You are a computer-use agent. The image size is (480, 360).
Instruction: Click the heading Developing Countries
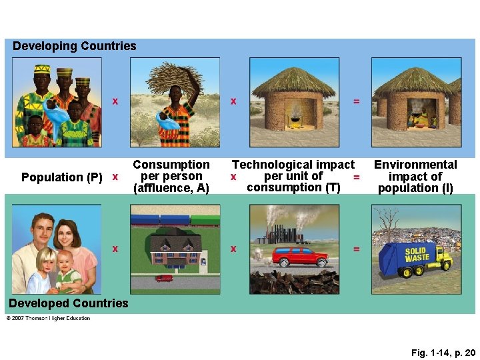pos(74,46)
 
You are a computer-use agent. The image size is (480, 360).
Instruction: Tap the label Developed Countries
pos(68,303)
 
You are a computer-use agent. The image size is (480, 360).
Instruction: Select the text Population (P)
pos(62,177)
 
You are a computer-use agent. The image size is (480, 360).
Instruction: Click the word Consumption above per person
pos(171,165)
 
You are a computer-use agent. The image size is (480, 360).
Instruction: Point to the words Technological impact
pos(293,165)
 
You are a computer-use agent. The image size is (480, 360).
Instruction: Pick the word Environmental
pos(415,165)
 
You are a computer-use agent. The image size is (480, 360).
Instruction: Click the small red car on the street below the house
pos(163,279)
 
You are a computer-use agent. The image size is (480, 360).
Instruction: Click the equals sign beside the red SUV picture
pos(356,249)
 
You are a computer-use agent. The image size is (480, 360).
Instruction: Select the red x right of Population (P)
pos(115,177)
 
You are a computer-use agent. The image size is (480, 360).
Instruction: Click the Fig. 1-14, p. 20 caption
pos(443,351)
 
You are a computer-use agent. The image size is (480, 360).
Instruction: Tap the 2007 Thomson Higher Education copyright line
pos(48,318)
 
